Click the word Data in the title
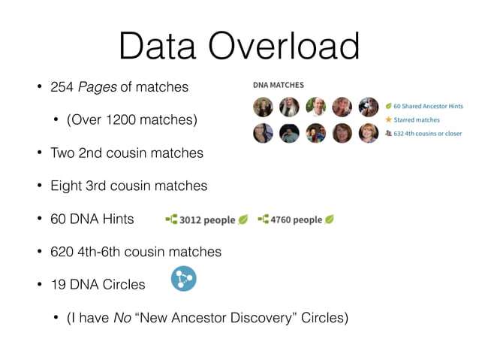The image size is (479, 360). pos(160,46)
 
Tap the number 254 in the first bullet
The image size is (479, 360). pos(62,88)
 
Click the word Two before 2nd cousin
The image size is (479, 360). pos(62,153)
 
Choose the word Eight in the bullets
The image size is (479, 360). pos(66,186)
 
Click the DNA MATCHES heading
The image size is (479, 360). pos(278,85)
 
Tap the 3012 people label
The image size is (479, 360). pos(208,220)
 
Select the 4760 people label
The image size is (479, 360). pos(297,220)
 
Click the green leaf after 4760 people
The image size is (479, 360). pos(330,219)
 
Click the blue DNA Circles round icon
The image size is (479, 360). pos(183,279)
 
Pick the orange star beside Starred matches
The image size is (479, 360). pos(388,119)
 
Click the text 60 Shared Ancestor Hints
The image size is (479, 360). pos(428,106)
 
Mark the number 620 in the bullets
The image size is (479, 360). pos(62,252)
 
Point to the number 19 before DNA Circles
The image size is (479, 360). pos(59,285)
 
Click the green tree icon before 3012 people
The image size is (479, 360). pos(170,220)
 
